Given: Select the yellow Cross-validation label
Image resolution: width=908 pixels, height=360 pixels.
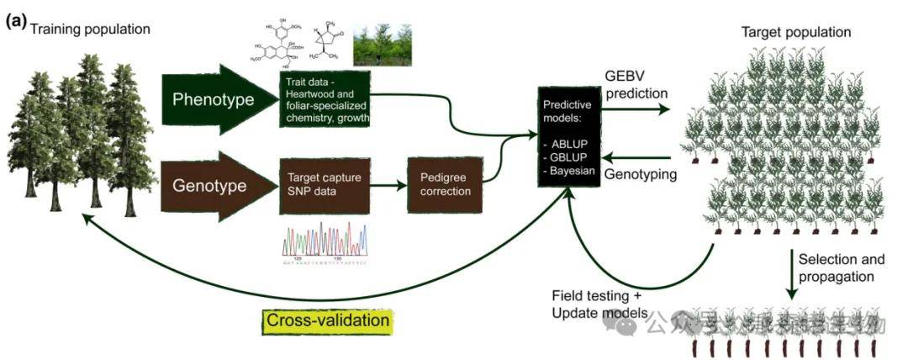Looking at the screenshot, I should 329,320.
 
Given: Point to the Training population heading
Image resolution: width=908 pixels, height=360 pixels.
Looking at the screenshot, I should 90,29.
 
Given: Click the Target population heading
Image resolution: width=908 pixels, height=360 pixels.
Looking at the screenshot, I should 795,32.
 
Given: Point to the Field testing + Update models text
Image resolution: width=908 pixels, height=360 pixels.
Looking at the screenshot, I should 599,304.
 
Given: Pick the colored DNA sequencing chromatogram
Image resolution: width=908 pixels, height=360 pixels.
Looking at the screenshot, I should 325,244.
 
